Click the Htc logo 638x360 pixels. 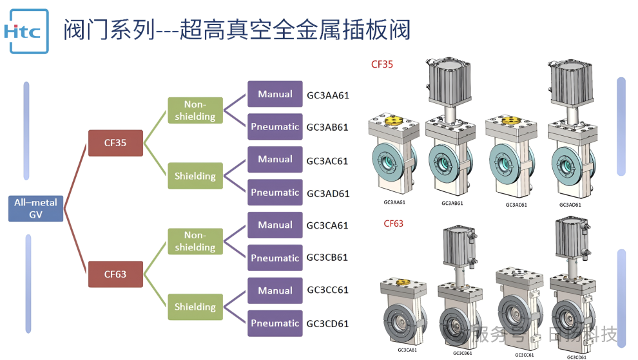click(x=26, y=30)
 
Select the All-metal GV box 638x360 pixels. click(x=35, y=209)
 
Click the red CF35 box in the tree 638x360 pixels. click(x=115, y=143)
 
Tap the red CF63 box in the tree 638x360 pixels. click(x=115, y=274)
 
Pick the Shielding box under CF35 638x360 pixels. click(x=195, y=176)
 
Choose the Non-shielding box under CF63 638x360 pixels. click(x=195, y=242)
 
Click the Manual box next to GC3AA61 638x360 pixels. click(x=275, y=94)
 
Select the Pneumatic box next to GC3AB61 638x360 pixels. click(x=275, y=127)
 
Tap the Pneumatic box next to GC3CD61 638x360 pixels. click(x=275, y=323)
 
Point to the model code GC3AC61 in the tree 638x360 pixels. click(x=327, y=160)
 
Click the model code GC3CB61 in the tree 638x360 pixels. click(x=327, y=258)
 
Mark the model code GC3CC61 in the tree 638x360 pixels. click(x=327, y=290)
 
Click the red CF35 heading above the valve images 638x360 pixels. click(x=382, y=64)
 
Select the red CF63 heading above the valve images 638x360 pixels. click(x=393, y=223)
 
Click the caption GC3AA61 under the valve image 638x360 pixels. click(x=394, y=203)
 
